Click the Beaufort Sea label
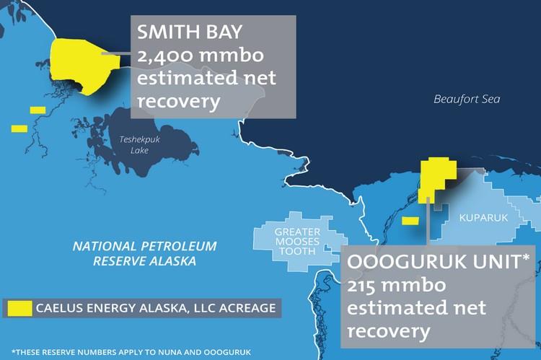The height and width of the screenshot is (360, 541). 466,100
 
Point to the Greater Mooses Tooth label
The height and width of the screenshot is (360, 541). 295,242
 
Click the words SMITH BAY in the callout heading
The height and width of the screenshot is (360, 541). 188,32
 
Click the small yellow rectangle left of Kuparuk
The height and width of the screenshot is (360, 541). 410,221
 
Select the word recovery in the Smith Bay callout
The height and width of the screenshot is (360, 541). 177,102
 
